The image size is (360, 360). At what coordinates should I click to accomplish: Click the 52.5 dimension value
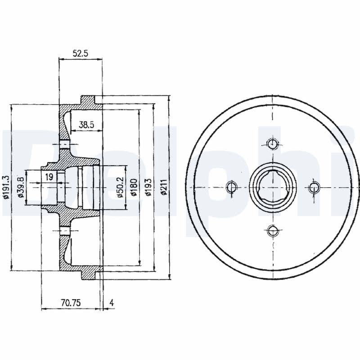click(81, 54)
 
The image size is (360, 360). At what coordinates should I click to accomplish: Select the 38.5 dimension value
click(86, 125)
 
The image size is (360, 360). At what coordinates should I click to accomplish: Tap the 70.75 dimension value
click(71, 303)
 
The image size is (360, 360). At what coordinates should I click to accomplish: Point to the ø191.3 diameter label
click(5, 187)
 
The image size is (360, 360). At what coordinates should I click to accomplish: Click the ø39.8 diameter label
click(21, 187)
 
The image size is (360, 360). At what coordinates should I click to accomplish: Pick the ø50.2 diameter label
click(121, 187)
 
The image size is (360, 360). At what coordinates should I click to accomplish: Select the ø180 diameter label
click(134, 187)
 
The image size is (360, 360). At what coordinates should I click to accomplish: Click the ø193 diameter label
click(148, 187)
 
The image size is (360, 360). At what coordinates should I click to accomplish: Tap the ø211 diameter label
click(163, 187)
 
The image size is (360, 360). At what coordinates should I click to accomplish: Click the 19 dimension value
click(49, 177)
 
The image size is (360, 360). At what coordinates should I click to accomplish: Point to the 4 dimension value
click(112, 303)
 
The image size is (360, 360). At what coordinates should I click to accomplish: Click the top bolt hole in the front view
click(273, 144)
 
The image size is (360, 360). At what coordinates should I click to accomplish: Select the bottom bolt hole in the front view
click(273, 231)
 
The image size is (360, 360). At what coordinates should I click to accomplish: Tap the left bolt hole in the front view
click(231, 187)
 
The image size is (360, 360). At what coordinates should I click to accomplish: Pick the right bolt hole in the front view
click(314, 188)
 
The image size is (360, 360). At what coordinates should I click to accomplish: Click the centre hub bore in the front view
click(273, 187)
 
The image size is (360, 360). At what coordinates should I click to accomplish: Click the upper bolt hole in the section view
click(64, 144)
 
